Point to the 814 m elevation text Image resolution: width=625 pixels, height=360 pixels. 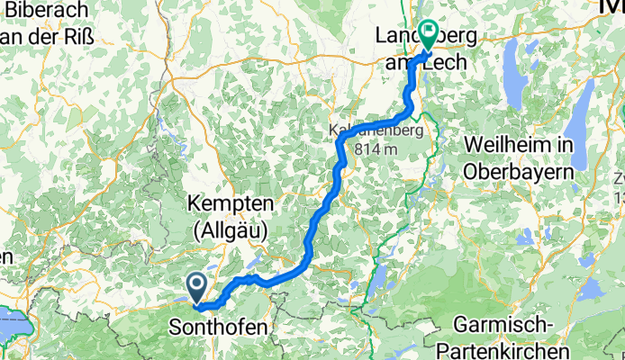point(380,149)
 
